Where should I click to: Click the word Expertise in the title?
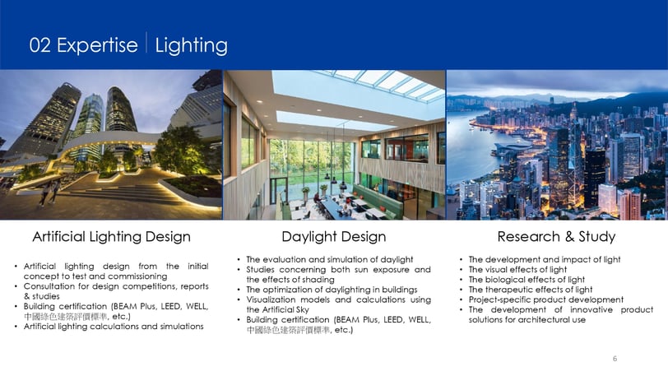tap(97, 45)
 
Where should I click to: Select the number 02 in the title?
tap(40, 45)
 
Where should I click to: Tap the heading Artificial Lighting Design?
tap(112, 236)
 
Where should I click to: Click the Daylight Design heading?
tap(333, 236)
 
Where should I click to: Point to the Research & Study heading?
tap(556, 236)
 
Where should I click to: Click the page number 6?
tap(615, 359)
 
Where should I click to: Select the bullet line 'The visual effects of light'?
tap(517, 269)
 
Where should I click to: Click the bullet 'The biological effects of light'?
tap(527, 280)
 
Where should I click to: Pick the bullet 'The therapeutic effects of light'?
tap(531, 290)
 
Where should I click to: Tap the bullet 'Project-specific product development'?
tap(545, 299)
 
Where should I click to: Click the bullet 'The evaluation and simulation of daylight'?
tap(329, 259)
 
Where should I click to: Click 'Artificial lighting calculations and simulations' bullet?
tap(114, 326)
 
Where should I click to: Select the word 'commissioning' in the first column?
tap(137, 276)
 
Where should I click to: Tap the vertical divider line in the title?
tap(146, 42)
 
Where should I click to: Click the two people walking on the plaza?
tap(49, 193)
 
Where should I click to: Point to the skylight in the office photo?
tap(358, 96)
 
